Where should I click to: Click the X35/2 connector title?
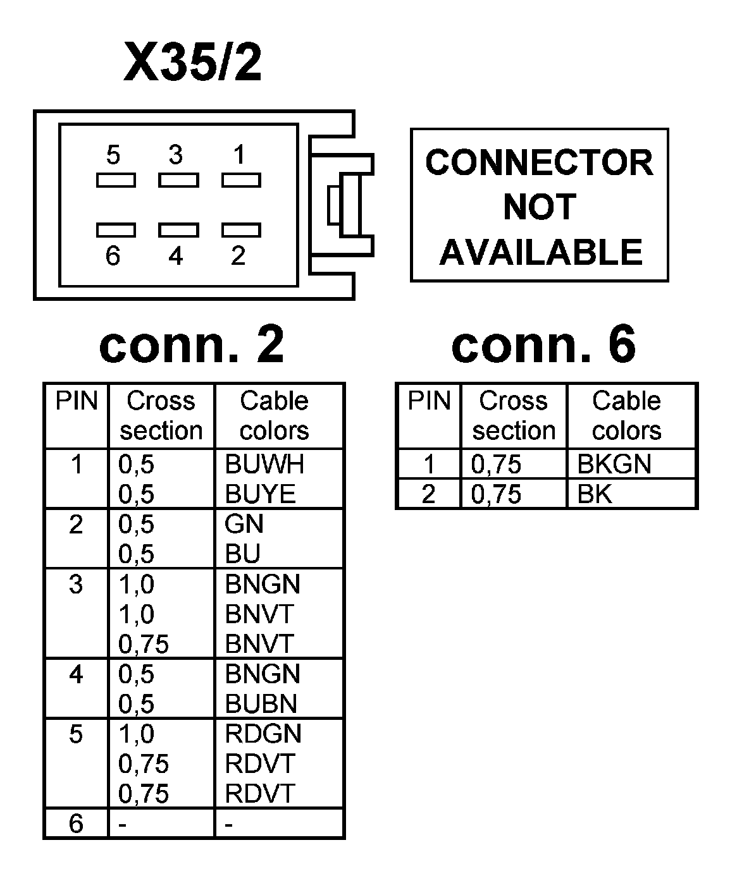tap(192, 63)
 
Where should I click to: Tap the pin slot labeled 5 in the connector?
tap(116, 180)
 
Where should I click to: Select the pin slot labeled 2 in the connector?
tap(240, 229)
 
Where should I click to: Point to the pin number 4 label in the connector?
tap(176, 256)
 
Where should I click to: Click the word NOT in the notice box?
tap(540, 207)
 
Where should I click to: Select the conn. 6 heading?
tap(543, 345)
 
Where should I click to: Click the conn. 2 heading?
tap(192, 345)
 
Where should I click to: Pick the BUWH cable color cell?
tap(264, 465)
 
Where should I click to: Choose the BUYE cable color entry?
tap(261, 494)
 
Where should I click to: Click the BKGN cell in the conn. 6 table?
tap(614, 465)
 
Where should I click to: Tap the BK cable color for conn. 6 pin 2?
tap(595, 494)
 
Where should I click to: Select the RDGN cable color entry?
tap(263, 734)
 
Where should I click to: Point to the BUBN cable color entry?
tap(261, 703)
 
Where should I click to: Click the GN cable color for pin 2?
tap(244, 524)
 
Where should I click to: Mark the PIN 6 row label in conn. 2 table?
tap(76, 823)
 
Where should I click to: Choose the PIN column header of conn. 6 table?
tap(429, 401)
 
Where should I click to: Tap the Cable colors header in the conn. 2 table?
tap(274, 415)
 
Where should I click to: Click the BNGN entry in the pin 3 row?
tap(263, 584)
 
